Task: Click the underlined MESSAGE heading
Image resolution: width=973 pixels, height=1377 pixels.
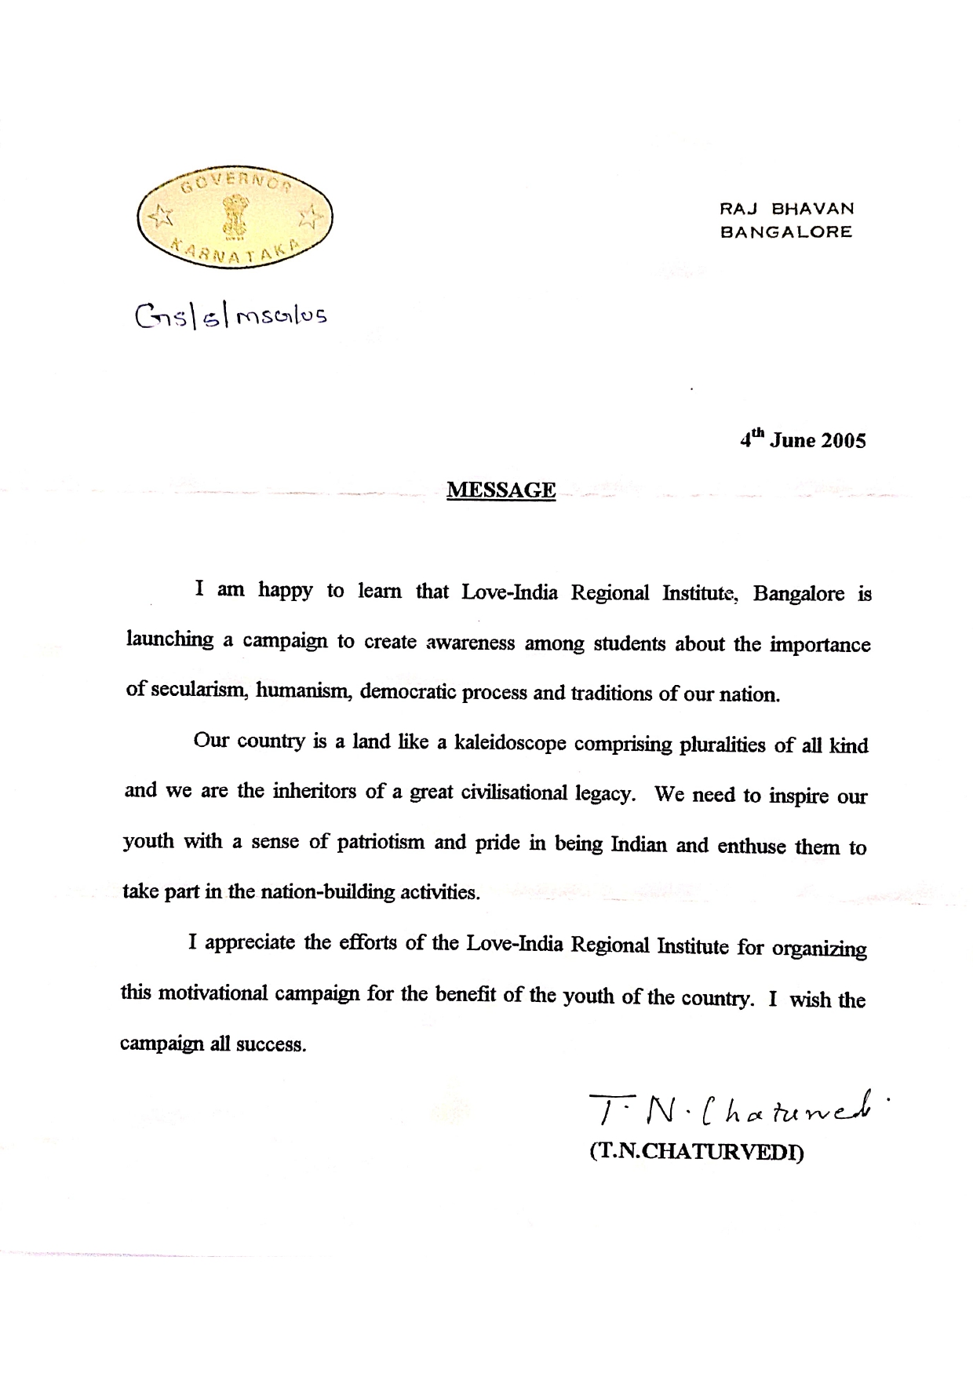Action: click(x=501, y=491)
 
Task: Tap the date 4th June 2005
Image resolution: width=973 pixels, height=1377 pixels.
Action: click(x=803, y=439)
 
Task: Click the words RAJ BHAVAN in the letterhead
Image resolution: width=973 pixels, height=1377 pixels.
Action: click(x=786, y=209)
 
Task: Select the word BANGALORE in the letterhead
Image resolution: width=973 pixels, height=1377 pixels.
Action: click(x=786, y=232)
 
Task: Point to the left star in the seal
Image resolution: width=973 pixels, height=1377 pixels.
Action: click(x=162, y=213)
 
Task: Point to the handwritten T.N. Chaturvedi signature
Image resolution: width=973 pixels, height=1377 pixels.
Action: click(x=738, y=1108)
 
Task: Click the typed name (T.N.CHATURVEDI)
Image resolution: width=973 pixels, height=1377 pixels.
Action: click(x=697, y=1153)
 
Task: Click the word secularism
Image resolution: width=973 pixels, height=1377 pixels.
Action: click(x=200, y=691)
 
